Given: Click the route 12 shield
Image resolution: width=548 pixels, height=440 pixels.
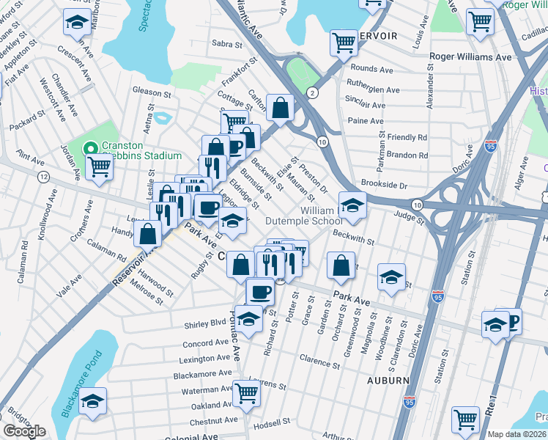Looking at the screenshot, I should (x=44, y=177).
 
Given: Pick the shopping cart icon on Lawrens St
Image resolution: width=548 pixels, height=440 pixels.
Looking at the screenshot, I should (x=246, y=394).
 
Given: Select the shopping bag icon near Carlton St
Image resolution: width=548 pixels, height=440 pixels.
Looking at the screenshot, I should (x=280, y=108).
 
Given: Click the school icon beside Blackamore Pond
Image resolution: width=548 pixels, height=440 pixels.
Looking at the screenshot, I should (x=92, y=402).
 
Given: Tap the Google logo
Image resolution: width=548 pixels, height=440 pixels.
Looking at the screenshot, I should (x=24, y=431).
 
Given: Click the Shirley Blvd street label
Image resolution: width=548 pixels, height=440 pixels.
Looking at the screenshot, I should (x=208, y=322).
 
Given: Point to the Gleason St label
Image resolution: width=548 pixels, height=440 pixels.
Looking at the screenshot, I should (x=151, y=93).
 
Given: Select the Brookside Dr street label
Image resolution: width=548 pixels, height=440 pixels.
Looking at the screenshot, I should (x=384, y=185).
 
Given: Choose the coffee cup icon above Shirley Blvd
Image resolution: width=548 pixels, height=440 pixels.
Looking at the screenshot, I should (x=259, y=292).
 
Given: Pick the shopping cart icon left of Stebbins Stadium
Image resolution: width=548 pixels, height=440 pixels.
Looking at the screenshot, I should (x=98, y=166).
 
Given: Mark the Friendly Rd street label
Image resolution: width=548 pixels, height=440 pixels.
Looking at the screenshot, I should (x=407, y=137).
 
